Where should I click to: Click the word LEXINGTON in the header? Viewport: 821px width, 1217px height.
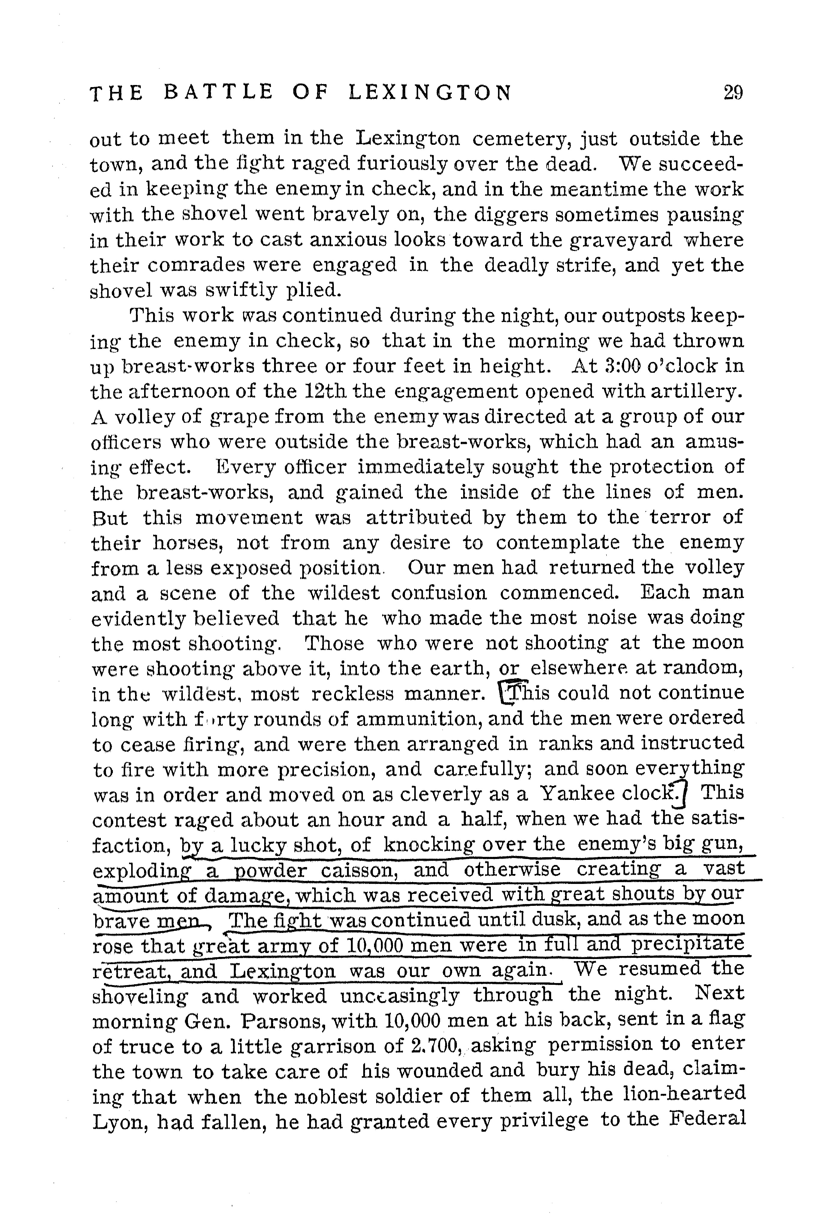coord(430,93)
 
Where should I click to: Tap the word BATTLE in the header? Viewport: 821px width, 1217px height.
coord(218,93)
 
